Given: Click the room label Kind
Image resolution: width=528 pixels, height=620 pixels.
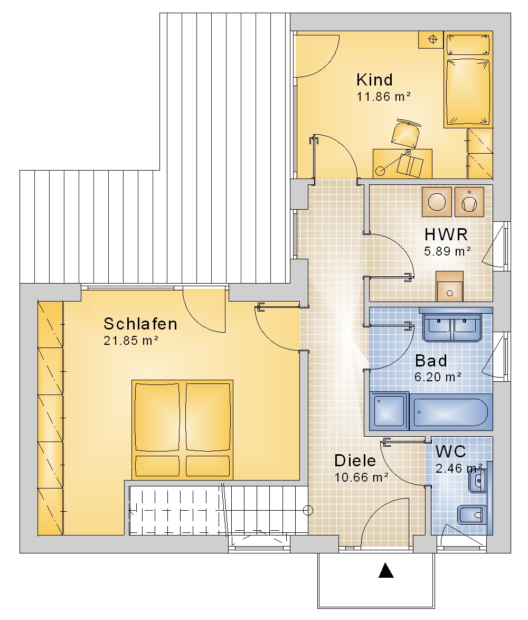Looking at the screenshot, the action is tap(374, 80).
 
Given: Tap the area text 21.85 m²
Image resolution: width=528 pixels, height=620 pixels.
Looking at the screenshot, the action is tap(131, 341).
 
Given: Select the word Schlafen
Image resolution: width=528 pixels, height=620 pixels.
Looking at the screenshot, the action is tap(140, 324).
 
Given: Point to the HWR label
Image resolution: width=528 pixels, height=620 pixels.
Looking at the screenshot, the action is tap(446, 234).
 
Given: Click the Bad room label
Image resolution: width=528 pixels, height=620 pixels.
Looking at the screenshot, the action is tap(431, 361).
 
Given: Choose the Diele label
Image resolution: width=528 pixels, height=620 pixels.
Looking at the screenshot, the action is tap(355, 461).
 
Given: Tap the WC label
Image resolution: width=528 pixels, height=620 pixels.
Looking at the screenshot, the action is tap(450, 451).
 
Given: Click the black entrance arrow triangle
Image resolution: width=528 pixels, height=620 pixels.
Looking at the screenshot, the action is tap(386, 570).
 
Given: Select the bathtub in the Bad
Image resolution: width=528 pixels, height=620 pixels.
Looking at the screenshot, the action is tap(451, 412).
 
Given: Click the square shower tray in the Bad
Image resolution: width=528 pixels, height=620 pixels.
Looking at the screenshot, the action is tap(389, 411).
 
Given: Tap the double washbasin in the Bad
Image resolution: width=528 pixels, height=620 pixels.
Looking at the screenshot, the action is tap(452, 327).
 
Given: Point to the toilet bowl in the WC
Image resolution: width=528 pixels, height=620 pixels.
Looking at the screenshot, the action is tap(472, 515).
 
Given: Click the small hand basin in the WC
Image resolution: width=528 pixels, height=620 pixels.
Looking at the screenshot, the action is tap(478, 481).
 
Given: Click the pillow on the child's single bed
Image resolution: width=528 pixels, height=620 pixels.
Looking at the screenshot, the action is tap(468, 44).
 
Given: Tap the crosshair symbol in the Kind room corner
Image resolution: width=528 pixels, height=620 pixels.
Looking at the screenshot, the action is tap(433, 39).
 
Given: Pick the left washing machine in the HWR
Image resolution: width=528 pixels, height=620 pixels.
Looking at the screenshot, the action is tap(437, 202).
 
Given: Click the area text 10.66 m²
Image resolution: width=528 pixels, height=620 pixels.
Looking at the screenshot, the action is tap(362, 477).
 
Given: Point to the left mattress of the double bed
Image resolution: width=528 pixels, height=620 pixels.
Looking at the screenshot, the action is tap(157, 417).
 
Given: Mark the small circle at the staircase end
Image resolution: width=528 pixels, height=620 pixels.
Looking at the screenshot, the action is tap(308, 511).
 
